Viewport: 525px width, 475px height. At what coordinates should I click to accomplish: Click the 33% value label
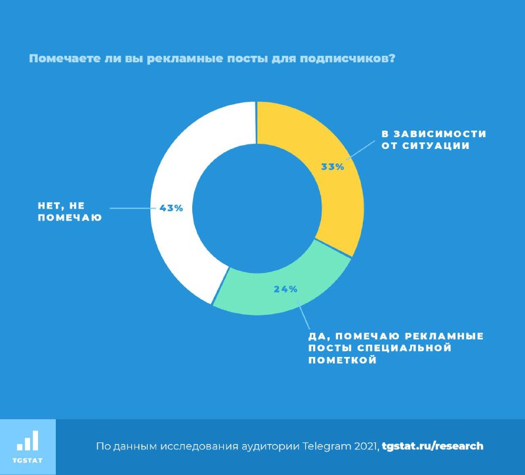point(333,167)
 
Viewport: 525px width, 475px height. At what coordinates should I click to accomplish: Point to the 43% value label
point(171,208)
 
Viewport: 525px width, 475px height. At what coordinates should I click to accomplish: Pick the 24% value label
point(285,289)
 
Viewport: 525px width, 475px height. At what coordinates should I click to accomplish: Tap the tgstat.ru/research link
point(432,446)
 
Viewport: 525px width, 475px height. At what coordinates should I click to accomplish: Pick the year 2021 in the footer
point(365,446)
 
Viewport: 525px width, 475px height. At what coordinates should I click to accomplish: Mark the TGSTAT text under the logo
point(28,460)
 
